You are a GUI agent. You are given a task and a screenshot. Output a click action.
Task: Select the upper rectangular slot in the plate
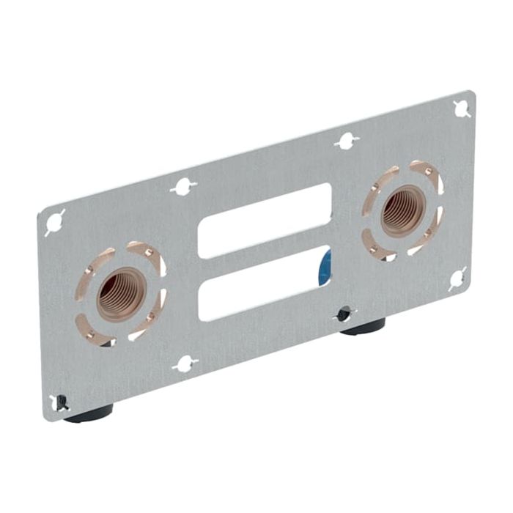click(265, 220)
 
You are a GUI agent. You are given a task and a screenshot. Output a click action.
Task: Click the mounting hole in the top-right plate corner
click(462, 108)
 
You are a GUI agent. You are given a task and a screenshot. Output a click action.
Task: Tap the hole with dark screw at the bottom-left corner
click(62, 402)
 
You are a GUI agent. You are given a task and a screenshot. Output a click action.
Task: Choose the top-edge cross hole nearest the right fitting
click(346, 141)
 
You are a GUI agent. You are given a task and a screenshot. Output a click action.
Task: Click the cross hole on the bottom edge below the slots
click(185, 362)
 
